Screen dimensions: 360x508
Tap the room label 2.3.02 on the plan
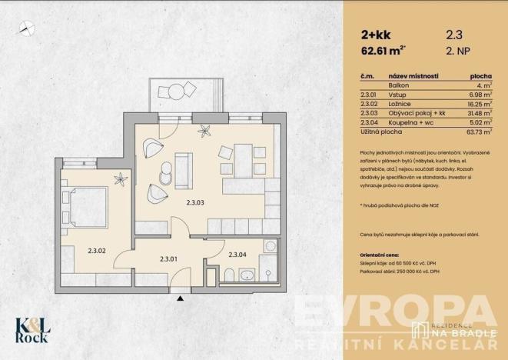pos(97,250)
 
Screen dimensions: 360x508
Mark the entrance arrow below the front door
pos(180,296)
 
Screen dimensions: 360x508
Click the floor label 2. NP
pos(459,54)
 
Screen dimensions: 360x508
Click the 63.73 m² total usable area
pos(479,132)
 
